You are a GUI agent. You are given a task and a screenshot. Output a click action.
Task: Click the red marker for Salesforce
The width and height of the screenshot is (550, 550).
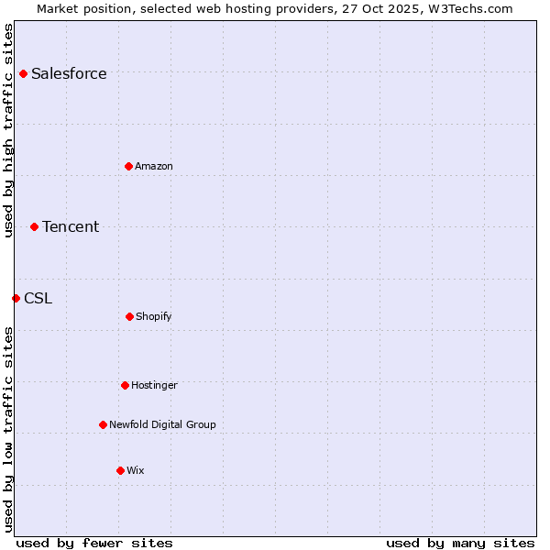click(23, 73)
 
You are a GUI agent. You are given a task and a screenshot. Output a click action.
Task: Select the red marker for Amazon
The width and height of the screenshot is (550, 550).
click(128, 166)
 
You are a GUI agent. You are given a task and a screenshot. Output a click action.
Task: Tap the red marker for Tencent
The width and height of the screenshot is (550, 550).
click(34, 226)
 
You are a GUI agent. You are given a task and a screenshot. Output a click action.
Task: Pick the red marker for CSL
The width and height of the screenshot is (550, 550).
click(16, 298)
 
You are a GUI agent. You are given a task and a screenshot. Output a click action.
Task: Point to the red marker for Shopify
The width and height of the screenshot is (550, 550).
click(129, 316)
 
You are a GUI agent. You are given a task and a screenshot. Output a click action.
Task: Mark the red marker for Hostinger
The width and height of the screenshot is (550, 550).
click(125, 385)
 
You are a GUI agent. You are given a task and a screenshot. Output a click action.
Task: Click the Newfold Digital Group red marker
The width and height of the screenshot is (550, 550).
click(103, 424)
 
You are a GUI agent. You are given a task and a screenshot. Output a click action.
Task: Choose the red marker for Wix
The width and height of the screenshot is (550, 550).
click(120, 470)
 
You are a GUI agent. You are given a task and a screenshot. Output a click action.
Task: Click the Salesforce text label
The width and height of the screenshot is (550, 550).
click(69, 73)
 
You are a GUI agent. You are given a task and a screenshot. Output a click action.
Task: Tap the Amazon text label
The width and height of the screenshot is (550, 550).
click(154, 166)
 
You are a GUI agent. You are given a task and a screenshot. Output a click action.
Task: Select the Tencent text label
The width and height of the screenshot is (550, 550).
click(71, 226)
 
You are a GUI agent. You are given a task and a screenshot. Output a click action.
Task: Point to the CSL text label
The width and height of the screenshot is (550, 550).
click(38, 298)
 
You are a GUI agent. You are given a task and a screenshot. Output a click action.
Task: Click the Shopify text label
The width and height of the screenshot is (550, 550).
click(154, 316)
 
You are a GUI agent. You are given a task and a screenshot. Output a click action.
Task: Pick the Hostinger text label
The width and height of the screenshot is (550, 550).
click(154, 385)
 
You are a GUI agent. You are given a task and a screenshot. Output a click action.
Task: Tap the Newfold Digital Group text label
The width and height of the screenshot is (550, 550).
click(162, 424)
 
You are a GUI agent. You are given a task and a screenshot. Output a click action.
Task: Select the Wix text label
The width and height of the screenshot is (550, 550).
click(136, 470)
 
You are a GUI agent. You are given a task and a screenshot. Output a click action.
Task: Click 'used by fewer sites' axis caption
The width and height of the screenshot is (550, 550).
click(94, 543)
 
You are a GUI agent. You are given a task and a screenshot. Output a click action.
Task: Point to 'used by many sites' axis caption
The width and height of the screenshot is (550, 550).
click(460, 543)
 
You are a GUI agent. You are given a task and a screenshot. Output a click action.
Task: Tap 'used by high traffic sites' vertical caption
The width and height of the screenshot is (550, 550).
click(8, 130)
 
